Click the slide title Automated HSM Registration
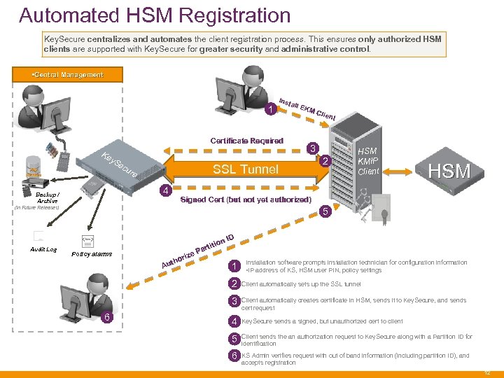tap(155, 15)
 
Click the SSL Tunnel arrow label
tap(245, 169)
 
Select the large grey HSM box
tap(449, 170)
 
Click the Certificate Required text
tap(246, 141)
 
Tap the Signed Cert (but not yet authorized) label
tap(246, 200)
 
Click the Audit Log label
tap(43, 250)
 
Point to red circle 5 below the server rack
tap(323, 212)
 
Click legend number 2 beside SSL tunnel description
tap(234, 284)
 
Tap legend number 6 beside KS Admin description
tap(234, 356)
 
